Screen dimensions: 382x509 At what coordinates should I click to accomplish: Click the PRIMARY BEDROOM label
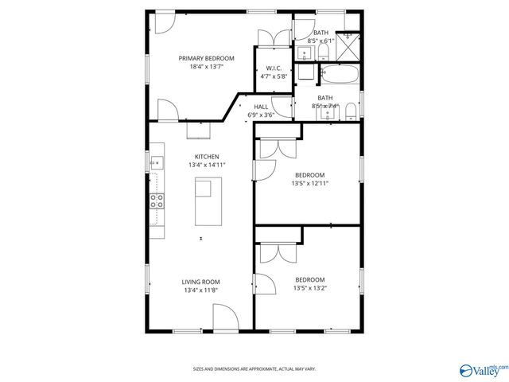pos(206,58)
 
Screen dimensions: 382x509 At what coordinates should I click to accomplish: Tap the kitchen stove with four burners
pos(157,201)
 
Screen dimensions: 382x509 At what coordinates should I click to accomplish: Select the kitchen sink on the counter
pos(156,162)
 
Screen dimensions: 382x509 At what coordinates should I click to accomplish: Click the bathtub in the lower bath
pos(340,75)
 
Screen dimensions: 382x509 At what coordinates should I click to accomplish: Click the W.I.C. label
pos(274,68)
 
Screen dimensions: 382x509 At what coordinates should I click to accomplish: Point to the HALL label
pos(261,106)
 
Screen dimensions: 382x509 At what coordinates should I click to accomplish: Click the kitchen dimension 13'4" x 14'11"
pos(207,165)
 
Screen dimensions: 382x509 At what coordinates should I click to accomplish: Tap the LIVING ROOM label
pos(200,282)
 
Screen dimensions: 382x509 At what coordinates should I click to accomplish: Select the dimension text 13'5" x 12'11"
pos(309,183)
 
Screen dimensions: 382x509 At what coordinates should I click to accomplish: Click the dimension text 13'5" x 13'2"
pos(309,288)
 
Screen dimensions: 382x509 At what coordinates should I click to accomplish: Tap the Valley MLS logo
pos(482,369)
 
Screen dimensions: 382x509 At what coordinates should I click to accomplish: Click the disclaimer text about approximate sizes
pos(254,368)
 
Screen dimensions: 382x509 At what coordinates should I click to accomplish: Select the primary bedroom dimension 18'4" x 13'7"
pos(206,67)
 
